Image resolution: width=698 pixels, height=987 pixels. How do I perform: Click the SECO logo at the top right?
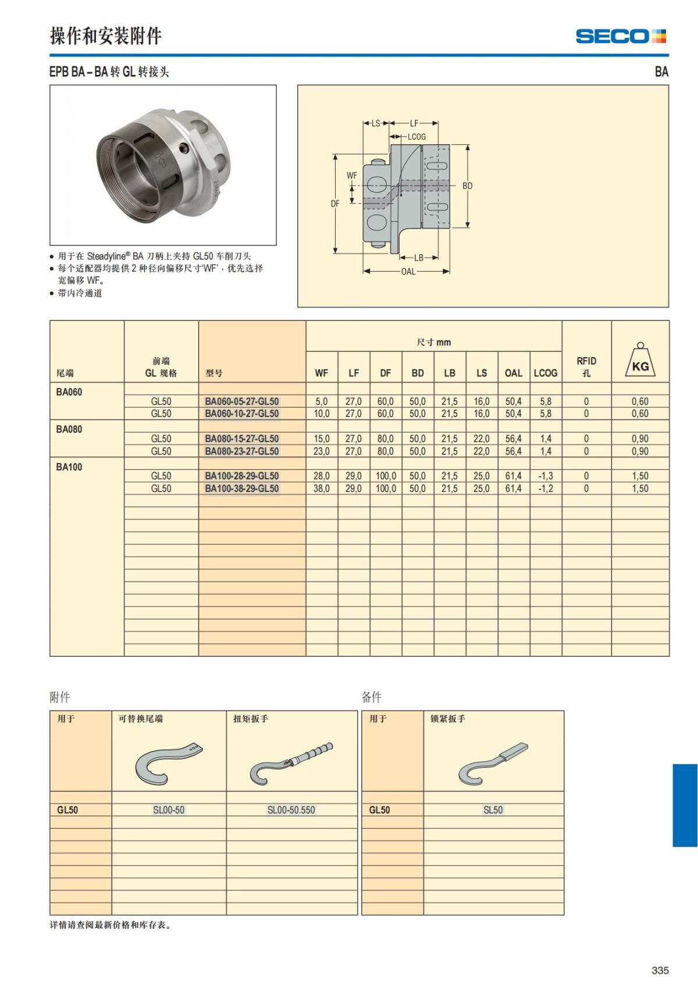621,36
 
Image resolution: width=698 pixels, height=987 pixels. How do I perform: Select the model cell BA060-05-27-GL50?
242,401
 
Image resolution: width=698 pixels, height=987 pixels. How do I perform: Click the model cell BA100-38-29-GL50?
242,489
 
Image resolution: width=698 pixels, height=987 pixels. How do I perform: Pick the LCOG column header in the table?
546,373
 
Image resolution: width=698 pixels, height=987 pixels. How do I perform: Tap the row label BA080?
69,429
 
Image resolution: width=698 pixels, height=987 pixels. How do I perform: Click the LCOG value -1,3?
546,476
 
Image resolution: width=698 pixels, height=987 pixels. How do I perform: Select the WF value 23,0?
322,451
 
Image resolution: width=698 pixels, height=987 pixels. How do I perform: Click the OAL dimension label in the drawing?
408,272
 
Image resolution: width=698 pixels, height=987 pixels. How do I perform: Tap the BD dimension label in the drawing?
467,186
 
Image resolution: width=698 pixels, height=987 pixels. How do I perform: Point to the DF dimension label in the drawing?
335,204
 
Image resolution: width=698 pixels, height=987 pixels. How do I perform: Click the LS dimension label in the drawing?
376,123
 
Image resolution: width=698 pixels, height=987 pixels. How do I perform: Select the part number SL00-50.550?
291,810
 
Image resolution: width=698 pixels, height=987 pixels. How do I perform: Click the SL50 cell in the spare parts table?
493,810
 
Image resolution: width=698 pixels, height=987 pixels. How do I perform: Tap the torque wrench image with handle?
291,762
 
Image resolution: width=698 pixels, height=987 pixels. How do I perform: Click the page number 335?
660,970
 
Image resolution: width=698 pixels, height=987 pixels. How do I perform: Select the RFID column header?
586,366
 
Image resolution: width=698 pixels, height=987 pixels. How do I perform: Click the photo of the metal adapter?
163,165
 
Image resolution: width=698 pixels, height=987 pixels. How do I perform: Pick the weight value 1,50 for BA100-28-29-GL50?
640,476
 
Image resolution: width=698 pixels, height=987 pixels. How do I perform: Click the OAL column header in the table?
513,373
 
